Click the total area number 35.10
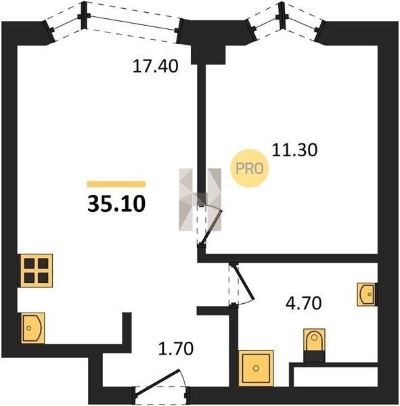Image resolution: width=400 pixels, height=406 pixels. pos(116,204)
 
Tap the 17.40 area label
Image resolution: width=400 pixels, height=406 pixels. pos(155,66)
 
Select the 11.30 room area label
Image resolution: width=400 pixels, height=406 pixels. pos(294,150)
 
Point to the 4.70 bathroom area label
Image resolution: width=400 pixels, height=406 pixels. pos(304,303)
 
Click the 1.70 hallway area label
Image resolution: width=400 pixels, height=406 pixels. pos(176,348)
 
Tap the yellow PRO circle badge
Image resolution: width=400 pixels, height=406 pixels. pos(250,168)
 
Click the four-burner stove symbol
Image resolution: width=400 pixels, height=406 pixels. pos(37,271)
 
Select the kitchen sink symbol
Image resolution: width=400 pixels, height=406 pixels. pos(32,328)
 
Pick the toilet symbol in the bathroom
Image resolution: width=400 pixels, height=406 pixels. pos(314,340)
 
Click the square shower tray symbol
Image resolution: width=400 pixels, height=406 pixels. pos(256,368)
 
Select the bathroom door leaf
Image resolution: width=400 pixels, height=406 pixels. pos(244,282)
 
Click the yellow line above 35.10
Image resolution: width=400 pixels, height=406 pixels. pos(116,184)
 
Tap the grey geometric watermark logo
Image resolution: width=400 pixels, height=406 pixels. pos(200,200)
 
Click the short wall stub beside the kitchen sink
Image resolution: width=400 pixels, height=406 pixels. pos(127,329)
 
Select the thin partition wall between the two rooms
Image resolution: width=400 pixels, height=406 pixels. pos(201,132)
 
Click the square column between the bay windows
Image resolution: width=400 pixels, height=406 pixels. pos(208,55)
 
